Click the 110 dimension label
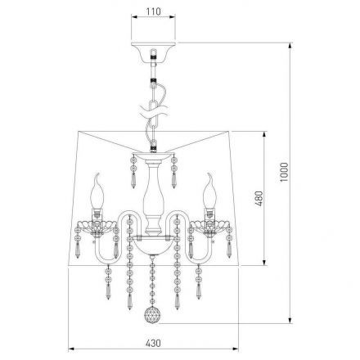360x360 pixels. (154, 11)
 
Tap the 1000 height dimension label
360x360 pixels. (284, 173)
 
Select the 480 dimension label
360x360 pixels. (259, 199)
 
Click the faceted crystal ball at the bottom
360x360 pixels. (152, 316)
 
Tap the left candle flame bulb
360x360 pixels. (97, 191)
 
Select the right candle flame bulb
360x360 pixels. (209, 191)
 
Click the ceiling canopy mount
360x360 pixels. (154, 52)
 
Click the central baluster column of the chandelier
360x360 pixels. (154, 196)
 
